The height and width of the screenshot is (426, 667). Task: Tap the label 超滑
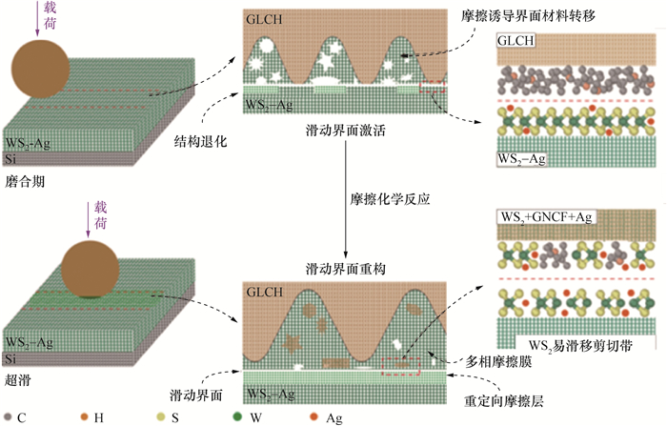[x=18, y=377]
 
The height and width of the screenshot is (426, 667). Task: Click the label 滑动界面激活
[x=346, y=127]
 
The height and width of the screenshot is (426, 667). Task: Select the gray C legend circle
[x=9, y=416]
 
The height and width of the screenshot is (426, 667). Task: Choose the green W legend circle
[x=235, y=416]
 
